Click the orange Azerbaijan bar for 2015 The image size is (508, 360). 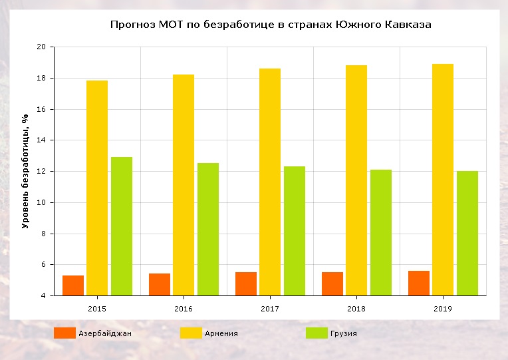click(x=73, y=285)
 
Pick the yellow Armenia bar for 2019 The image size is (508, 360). click(x=443, y=180)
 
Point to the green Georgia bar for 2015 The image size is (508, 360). click(x=122, y=226)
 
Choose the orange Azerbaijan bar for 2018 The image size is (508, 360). click(x=332, y=283)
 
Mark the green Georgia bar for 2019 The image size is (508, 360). click(x=467, y=234)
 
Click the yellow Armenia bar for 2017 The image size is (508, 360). click(x=270, y=182)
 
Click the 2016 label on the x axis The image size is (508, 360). click(x=184, y=309)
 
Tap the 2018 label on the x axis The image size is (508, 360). click(x=356, y=309)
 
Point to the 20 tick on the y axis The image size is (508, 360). click(x=41, y=47)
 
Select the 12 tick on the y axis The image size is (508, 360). click(x=41, y=172)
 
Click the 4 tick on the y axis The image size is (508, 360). click(x=43, y=295)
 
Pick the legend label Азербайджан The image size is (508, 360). click(x=104, y=333)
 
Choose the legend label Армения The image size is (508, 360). click(x=221, y=333)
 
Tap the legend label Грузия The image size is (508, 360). click(x=343, y=333)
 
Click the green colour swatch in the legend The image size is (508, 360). click(x=316, y=333)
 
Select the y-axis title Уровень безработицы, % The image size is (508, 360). click(x=26, y=171)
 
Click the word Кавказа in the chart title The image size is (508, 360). click(x=408, y=25)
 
